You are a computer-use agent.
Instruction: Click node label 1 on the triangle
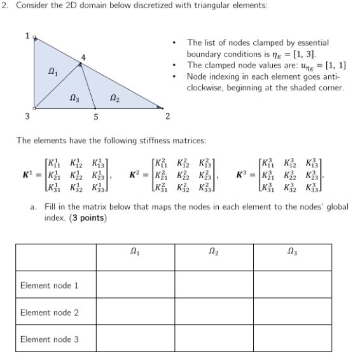click(x=27, y=36)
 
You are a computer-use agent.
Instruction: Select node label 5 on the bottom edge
click(x=96, y=117)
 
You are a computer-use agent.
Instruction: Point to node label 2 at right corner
click(x=167, y=117)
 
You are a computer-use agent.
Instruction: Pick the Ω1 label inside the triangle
click(x=53, y=73)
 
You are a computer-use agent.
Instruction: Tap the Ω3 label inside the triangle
click(x=75, y=98)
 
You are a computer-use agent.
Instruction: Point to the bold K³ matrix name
click(x=242, y=173)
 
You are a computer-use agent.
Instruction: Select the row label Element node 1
click(x=50, y=285)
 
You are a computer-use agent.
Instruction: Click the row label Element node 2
click(x=50, y=313)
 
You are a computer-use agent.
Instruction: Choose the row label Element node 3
click(x=50, y=339)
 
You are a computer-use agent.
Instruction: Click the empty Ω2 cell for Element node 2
click(x=213, y=313)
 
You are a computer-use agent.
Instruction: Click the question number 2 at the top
click(x=4, y=6)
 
